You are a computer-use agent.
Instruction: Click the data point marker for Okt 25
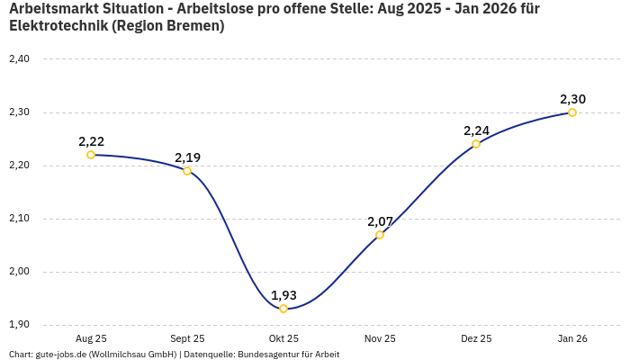[x=283, y=309]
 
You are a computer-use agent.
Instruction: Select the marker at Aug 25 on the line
[x=91, y=155]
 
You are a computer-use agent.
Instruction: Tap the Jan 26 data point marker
[x=572, y=112]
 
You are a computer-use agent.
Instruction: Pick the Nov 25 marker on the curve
[x=380, y=235]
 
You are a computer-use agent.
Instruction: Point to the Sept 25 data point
[x=187, y=171]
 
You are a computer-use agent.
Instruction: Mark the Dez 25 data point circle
[x=476, y=144]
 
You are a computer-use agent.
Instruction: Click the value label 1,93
[x=283, y=294]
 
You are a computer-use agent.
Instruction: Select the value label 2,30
[x=572, y=99]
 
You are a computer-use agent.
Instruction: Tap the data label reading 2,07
[x=380, y=220]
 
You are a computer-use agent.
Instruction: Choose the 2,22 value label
[x=91, y=141]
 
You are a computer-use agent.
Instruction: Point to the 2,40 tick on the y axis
[x=18, y=59]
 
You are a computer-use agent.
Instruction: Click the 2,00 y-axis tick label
[x=18, y=272]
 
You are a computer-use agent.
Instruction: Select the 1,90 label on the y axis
[x=18, y=325]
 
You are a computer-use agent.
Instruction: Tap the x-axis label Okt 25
[x=283, y=338]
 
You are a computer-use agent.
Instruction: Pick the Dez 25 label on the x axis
[x=476, y=338]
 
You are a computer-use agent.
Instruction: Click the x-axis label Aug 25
[x=91, y=338]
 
